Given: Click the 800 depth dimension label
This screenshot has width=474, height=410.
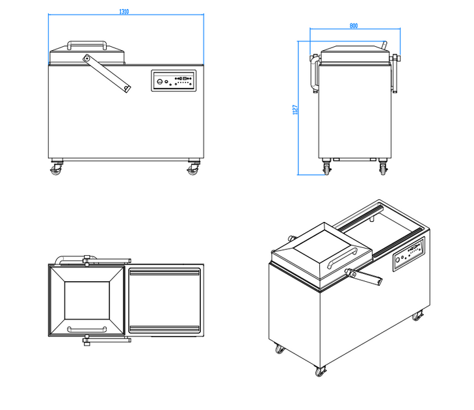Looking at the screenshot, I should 354,26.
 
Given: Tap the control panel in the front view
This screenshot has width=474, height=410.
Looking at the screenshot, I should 174,81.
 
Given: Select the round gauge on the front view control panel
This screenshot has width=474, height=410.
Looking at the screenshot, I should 160,81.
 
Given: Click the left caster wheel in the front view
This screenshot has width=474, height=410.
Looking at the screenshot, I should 55,170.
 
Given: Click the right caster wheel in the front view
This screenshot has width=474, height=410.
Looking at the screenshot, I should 192,170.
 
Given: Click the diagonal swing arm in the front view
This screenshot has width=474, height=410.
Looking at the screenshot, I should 107,74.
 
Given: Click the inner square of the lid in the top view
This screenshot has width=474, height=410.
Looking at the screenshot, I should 86,300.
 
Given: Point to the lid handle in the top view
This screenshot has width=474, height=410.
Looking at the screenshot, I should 86,325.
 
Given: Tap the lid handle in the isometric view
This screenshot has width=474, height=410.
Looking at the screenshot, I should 342,259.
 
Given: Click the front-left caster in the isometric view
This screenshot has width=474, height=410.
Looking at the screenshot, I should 280,349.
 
